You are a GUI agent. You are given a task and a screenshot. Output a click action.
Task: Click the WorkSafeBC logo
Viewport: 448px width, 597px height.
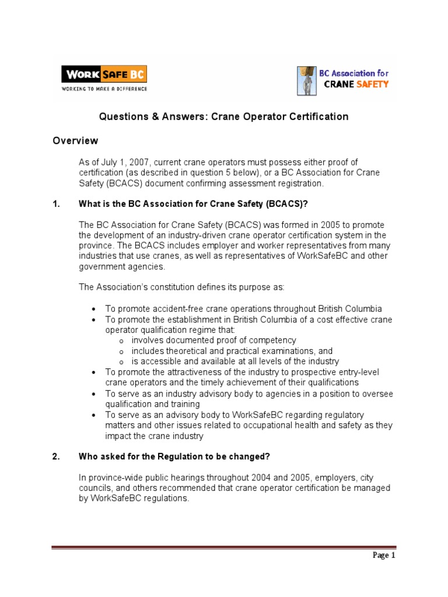(104, 75)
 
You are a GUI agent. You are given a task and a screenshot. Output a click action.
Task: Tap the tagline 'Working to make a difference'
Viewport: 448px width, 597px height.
(104, 89)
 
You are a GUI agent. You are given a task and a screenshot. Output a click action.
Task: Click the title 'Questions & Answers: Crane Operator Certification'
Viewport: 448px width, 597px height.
(223, 117)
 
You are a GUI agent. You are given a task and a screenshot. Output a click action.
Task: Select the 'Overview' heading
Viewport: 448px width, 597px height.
(75, 141)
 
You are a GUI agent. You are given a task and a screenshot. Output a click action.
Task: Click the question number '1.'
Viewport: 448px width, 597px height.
(56, 203)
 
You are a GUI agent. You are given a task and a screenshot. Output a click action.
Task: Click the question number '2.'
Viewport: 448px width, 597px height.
(56, 456)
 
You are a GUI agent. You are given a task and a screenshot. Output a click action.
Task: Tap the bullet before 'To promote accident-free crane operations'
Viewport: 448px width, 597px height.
(94, 309)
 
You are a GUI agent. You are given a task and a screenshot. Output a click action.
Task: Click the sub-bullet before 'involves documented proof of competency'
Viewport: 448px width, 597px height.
(121, 341)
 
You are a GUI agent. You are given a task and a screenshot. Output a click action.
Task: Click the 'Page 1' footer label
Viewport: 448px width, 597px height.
(384, 556)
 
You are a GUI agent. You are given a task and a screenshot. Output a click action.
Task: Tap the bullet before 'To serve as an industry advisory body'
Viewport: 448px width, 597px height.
(94, 395)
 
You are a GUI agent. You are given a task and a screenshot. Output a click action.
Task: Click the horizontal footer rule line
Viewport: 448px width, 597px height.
(223, 547)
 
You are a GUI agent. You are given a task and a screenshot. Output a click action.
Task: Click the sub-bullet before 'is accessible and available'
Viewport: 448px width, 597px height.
(121, 362)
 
